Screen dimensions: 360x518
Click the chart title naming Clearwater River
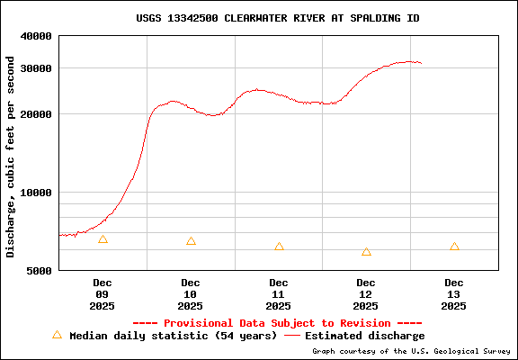pos(277,18)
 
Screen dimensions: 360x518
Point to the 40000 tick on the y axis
pos(36,36)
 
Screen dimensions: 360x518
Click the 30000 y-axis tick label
pos(36,68)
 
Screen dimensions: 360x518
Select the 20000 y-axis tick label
pos(36,114)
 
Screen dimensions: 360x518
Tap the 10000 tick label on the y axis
pos(36,193)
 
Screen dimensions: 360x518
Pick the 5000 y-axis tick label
pos(40,270)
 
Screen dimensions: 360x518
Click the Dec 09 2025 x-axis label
pos(102,294)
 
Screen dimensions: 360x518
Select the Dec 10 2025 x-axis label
pos(190,294)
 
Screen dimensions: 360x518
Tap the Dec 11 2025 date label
pos(278,294)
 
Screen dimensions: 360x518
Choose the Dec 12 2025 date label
pos(366,294)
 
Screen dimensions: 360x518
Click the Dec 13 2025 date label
pos(454,294)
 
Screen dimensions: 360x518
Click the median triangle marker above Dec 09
pos(103,239)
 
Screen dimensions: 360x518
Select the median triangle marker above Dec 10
pos(191,241)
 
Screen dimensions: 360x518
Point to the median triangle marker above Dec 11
pos(279,247)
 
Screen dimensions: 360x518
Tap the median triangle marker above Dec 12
pos(366,252)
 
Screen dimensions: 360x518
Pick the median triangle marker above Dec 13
pos(454,247)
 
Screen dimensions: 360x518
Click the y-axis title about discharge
pos(11,157)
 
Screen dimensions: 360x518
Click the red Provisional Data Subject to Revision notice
pos(277,323)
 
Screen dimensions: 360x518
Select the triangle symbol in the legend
pos(57,335)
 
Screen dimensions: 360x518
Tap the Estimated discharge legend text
pos(364,336)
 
